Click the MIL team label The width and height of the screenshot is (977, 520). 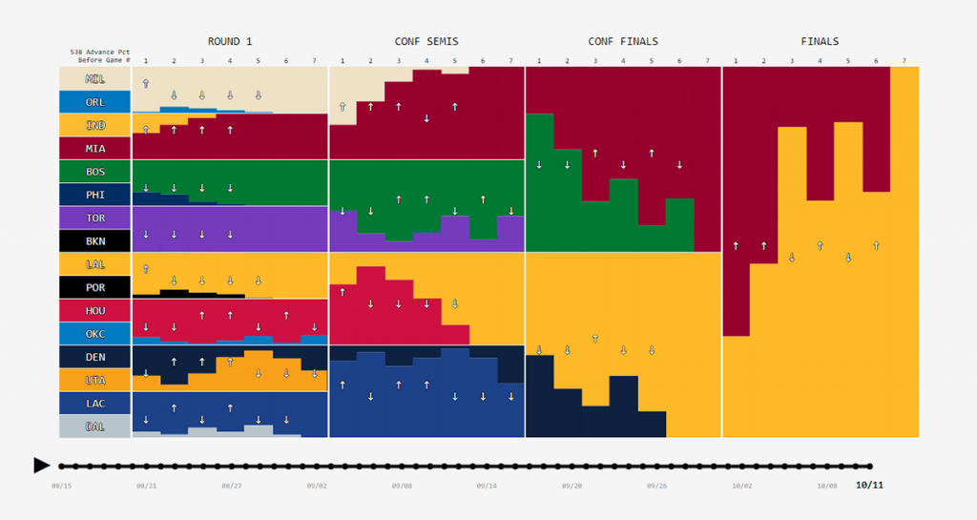[x=95, y=78]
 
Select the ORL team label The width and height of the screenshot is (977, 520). [x=95, y=102]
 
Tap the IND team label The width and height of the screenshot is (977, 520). [x=95, y=125]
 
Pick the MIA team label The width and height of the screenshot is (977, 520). [x=95, y=148]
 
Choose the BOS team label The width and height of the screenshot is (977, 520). [x=95, y=172]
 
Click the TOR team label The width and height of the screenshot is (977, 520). [x=95, y=218]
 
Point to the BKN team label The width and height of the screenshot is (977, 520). [x=95, y=241]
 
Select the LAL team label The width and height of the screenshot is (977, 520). [x=95, y=264]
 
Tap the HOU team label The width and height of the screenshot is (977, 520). [x=95, y=310]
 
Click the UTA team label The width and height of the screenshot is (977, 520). [x=95, y=380]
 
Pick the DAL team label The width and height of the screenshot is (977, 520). [x=95, y=426]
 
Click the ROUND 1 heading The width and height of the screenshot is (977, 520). [x=230, y=42]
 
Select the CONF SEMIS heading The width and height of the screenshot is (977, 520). [x=426, y=42]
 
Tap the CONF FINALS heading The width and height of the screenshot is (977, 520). [x=623, y=42]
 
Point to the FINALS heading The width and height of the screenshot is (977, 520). [x=820, y=42]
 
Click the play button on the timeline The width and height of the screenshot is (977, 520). [x=41, y=466]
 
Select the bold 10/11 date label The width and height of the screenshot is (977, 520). [x=869, y=485]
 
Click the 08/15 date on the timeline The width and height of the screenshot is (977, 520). [x=62, y=486]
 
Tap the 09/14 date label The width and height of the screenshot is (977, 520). [x=487, y=486]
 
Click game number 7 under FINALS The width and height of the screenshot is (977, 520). [x=904, y=61]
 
